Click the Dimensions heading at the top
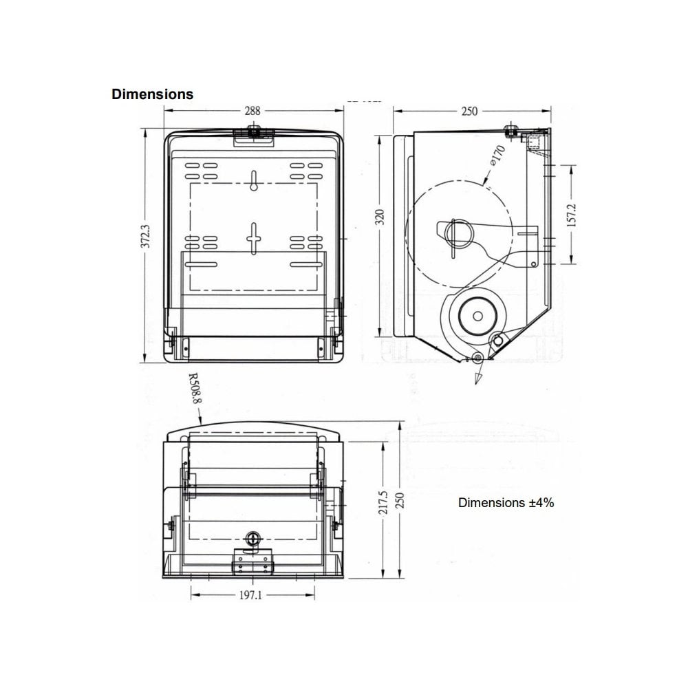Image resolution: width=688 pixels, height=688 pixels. pos(152,94)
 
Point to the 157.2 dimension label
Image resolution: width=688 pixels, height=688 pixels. pos(571,215)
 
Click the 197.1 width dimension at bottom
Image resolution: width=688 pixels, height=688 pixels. pos(250,596)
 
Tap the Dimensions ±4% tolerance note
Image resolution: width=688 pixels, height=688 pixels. pos(506,503)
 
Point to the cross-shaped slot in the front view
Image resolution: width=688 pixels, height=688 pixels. pos(253,239)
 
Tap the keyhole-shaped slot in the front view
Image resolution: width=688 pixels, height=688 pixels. pos(253,181)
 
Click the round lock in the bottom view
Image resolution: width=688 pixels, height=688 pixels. pos(254,538)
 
